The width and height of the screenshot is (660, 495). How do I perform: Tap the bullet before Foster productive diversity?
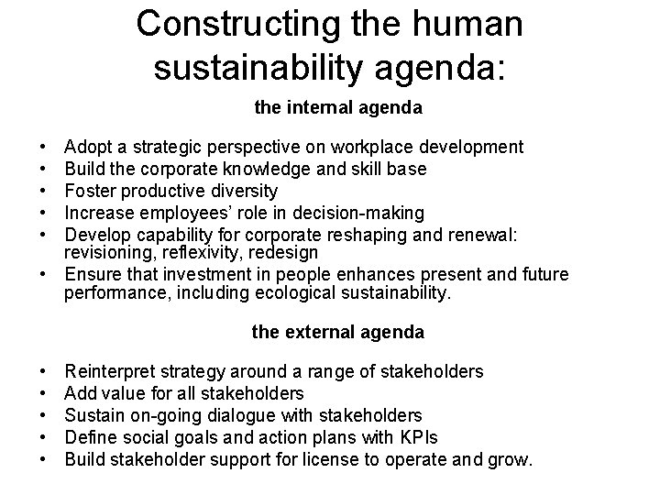(x=44, y=191)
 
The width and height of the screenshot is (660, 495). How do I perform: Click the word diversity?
(x=245, y=191)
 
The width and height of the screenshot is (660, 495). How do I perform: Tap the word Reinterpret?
(x=110, y=371)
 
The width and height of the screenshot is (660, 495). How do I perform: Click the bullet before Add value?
(x=44, y=393)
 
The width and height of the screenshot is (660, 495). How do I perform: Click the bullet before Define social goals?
(x=44, y=437)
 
